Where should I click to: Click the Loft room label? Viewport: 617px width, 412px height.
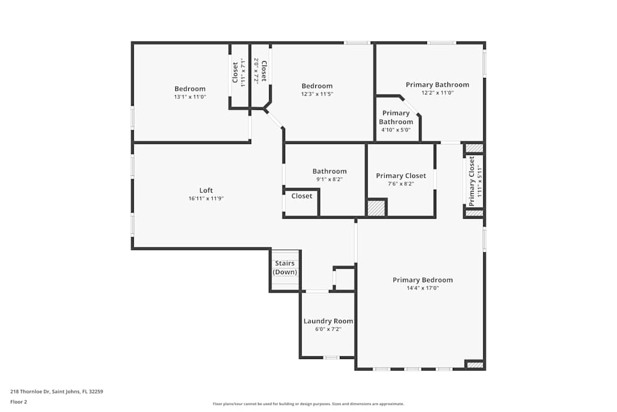pyautogui.click(x=205, y=190)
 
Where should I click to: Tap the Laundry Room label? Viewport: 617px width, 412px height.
pyautogui.click(x=328, y=321)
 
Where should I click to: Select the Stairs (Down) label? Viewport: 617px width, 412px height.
pyautogui.click(x=285, y=267)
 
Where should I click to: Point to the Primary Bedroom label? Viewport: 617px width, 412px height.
pyautogui.click(x=423, y=280)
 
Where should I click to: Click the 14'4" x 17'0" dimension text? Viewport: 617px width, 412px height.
pyautogui.click(x=423, y=288)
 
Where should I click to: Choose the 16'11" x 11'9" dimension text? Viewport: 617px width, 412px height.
pyautogui.click(x=205, y=199)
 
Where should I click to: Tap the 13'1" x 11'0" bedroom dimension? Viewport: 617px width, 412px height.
pyautogui.click(x=189, y=97)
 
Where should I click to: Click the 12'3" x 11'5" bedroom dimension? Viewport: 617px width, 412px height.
pyautogui.click(x=317, y=95)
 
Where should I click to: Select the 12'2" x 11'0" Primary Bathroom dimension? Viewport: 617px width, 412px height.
pyautogui.click(x=437, y=93)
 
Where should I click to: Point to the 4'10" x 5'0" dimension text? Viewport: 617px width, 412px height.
pyautogui.click(x=396, y=130)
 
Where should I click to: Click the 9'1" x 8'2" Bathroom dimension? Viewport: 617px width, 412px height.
pyautogui.click(x=329, y=180)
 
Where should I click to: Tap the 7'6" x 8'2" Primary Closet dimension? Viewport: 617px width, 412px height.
pyautogui.click(x=400, y=184)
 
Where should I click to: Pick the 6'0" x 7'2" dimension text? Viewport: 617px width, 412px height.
pyautogui.click(x=328, y=329)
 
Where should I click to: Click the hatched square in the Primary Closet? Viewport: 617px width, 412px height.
pyautogui.click(x=376, y=208)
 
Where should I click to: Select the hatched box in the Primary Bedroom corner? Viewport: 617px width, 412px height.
pyautogui.click(x=474, y=365)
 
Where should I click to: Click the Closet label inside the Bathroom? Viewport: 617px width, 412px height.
pyautogui.click(x=302, y=196)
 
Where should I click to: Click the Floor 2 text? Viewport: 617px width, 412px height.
pyautogui.click(x=19, y=401)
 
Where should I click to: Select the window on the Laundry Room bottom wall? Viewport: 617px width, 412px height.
pyautogui.click(x=331, y=358)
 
